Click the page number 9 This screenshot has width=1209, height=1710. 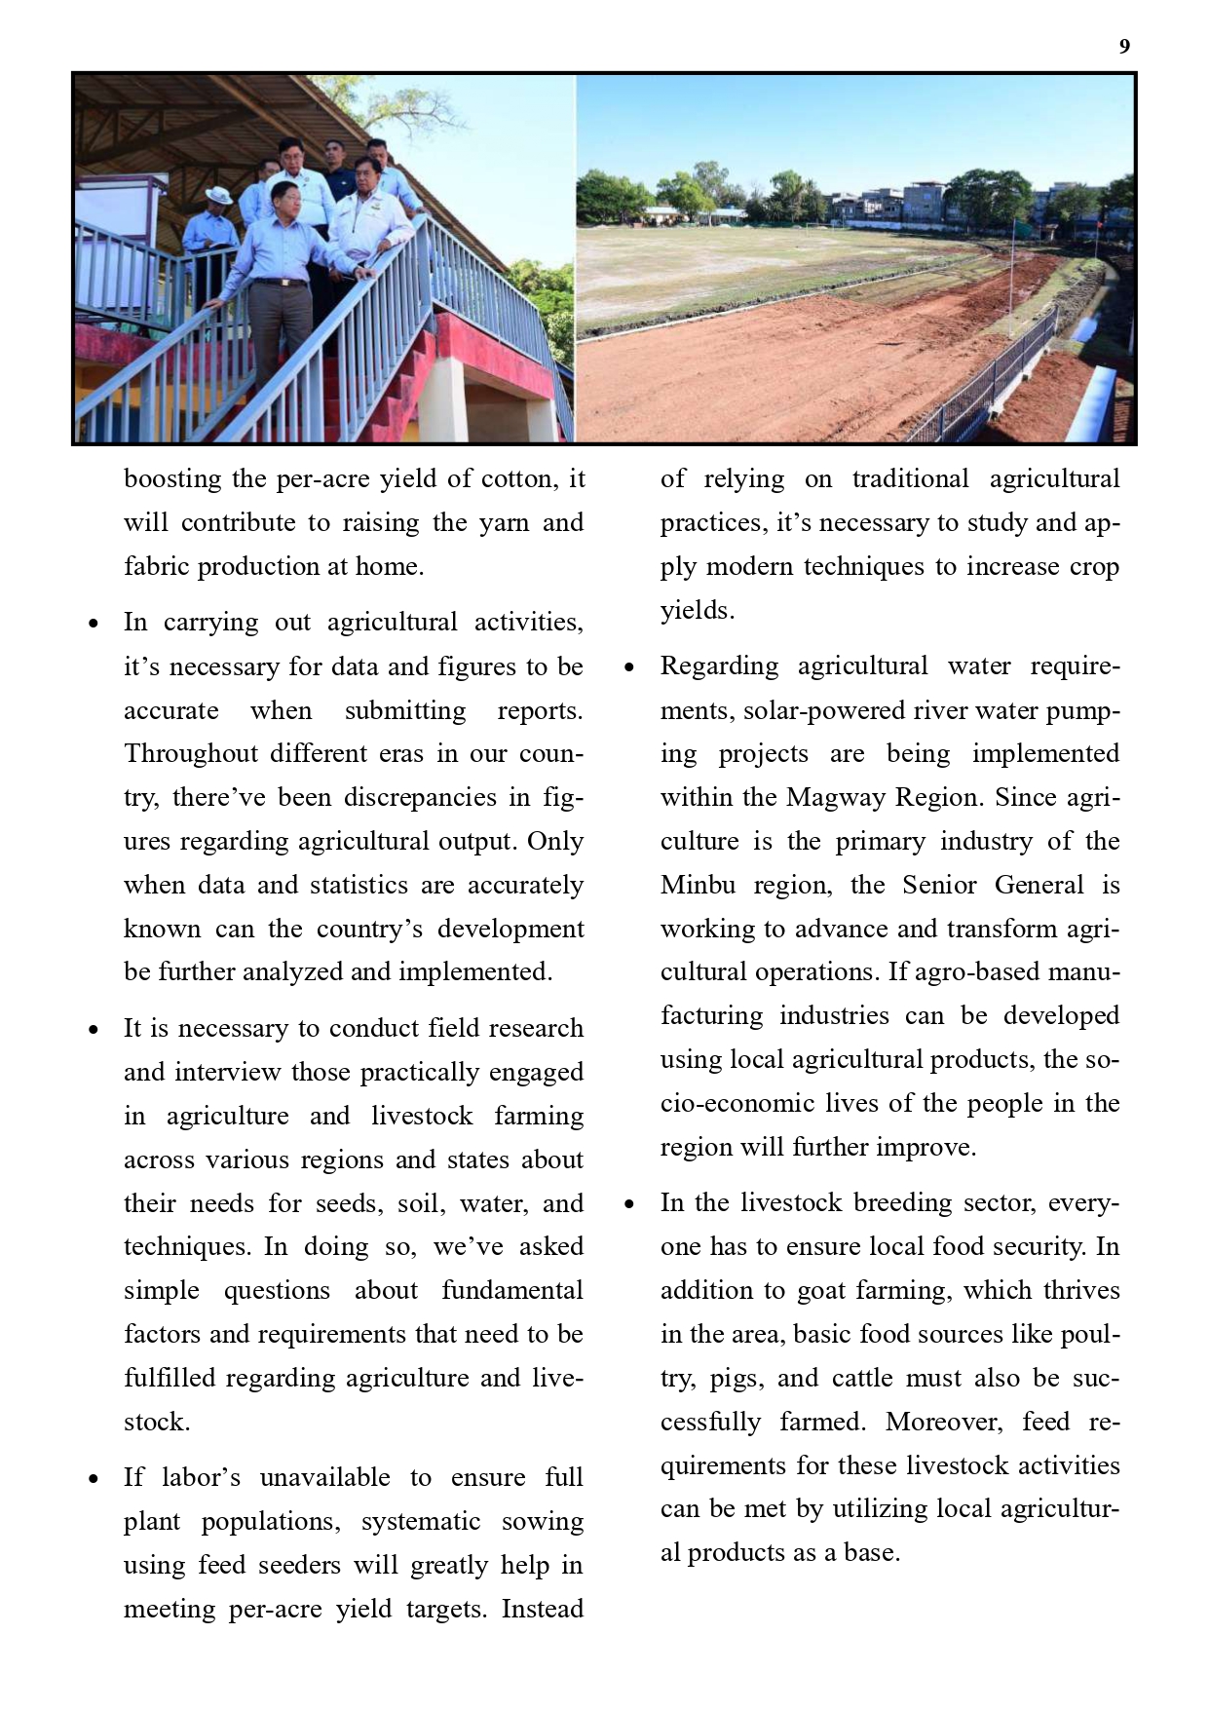pyautogui.click(x=1124, y=47)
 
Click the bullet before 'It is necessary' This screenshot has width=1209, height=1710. pyautogui.click(x=94, y=1030)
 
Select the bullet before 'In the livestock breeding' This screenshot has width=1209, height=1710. pyautogui.click(x=630, y=1204)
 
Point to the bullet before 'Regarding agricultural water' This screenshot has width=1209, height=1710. pyautogui.click(x=630, y=667)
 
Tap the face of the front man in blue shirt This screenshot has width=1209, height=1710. pyautogui.click(x=283, y=199)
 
